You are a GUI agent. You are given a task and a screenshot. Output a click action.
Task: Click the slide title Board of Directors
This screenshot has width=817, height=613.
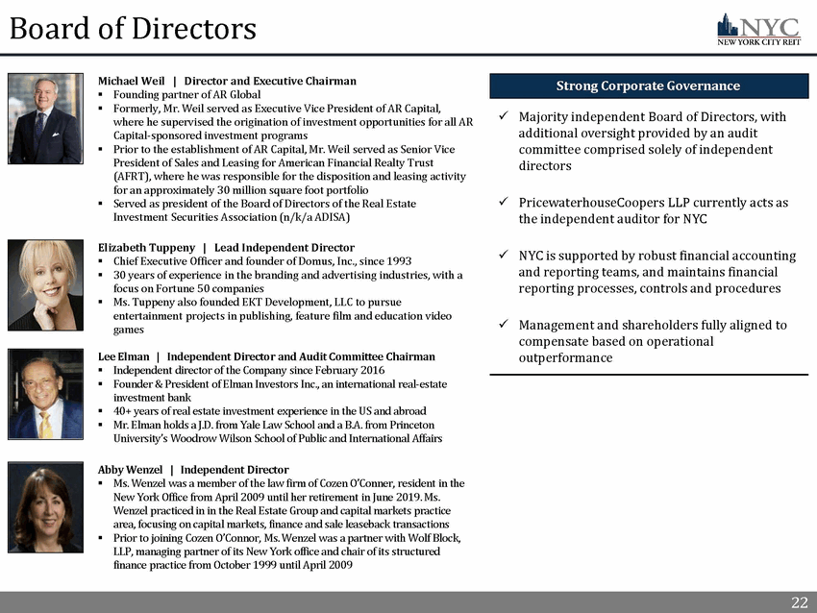(x=133, y=28)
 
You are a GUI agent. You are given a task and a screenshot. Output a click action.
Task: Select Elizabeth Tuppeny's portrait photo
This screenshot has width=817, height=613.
(x=45, y=285)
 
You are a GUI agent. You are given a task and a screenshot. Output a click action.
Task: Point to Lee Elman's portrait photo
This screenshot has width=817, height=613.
(x=45, y=394)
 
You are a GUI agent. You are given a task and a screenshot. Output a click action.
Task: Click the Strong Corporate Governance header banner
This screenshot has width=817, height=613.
(x=648, y=86)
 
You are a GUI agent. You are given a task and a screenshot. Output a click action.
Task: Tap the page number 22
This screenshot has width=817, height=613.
(x=799, y=602)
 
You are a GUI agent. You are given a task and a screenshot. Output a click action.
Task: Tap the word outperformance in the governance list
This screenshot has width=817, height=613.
(x=565, y=358)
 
